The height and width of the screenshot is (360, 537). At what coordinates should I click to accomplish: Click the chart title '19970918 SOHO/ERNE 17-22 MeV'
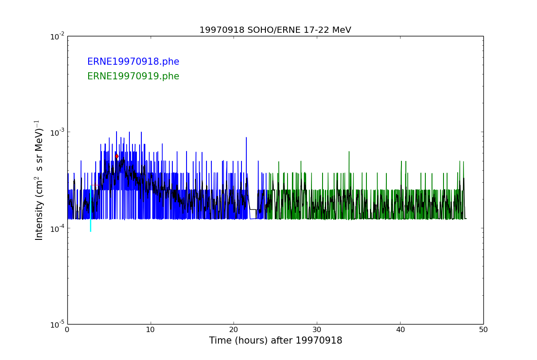(275, 30)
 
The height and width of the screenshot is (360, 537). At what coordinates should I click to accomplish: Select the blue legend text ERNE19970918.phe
(133, 62)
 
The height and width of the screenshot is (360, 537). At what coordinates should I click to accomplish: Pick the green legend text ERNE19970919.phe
(133, 77)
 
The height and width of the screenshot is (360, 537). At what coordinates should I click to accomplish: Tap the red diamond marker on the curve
(117, 156)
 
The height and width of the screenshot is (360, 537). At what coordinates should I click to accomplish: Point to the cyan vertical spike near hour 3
(90, 224)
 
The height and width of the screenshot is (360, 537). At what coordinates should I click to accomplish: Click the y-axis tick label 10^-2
(58, 36)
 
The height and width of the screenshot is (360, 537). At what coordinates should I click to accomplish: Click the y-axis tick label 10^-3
(58, 132)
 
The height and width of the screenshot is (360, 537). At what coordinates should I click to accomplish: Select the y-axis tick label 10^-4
(58, 228)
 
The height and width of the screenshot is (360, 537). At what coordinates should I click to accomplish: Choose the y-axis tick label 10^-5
(58, 325)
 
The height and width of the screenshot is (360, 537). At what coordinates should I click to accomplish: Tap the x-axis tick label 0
(67, 330)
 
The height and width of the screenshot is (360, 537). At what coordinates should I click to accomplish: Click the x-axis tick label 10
(151, 330)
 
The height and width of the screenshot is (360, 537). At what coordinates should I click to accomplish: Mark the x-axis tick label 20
(233, 330)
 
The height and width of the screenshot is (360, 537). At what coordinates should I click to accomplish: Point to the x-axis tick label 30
(317, 330)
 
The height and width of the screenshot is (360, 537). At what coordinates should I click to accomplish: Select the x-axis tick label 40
(400, 330)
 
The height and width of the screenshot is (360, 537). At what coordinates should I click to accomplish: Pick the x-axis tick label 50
(483, 330)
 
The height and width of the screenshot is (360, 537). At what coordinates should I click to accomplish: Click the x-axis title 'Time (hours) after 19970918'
(275, 341)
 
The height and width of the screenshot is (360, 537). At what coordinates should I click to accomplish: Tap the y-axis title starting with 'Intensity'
(39, 180)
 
